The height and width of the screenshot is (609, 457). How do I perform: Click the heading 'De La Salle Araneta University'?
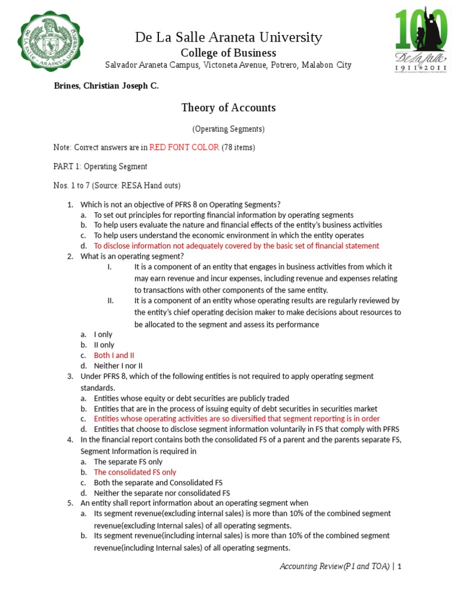[x=228, y=37]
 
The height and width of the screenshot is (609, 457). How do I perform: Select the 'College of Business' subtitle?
[x=228, y=52]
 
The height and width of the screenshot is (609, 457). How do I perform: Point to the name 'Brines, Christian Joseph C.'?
[x=107, y=86]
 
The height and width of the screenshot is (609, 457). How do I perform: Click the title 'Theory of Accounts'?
[x=228, y=108]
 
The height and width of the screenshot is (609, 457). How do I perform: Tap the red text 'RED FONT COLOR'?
[x=184, y=147]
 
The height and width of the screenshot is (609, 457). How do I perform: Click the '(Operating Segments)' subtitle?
[x=228, y=128]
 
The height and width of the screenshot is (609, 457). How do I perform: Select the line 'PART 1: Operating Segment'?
[x=101, y=167]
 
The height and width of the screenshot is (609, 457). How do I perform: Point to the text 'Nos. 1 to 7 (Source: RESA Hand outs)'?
[x=117, y=186]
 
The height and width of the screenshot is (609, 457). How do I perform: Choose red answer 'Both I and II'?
[x=114, y=355]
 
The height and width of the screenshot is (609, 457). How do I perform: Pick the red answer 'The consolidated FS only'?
[x=135, y=472]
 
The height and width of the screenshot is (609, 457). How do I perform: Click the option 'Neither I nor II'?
[x=118, y=366]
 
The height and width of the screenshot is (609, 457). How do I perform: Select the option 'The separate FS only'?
[x=128, y=461]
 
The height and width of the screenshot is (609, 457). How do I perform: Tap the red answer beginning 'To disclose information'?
[x=236, y=246]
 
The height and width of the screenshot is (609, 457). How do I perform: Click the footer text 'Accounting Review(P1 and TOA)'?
[x=334, y=567]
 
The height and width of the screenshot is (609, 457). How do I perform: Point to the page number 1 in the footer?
[x=400, y=567]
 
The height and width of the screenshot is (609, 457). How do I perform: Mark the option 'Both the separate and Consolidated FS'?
[x=158, y=482]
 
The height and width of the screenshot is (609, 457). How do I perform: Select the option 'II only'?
[x=104, y=345]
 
